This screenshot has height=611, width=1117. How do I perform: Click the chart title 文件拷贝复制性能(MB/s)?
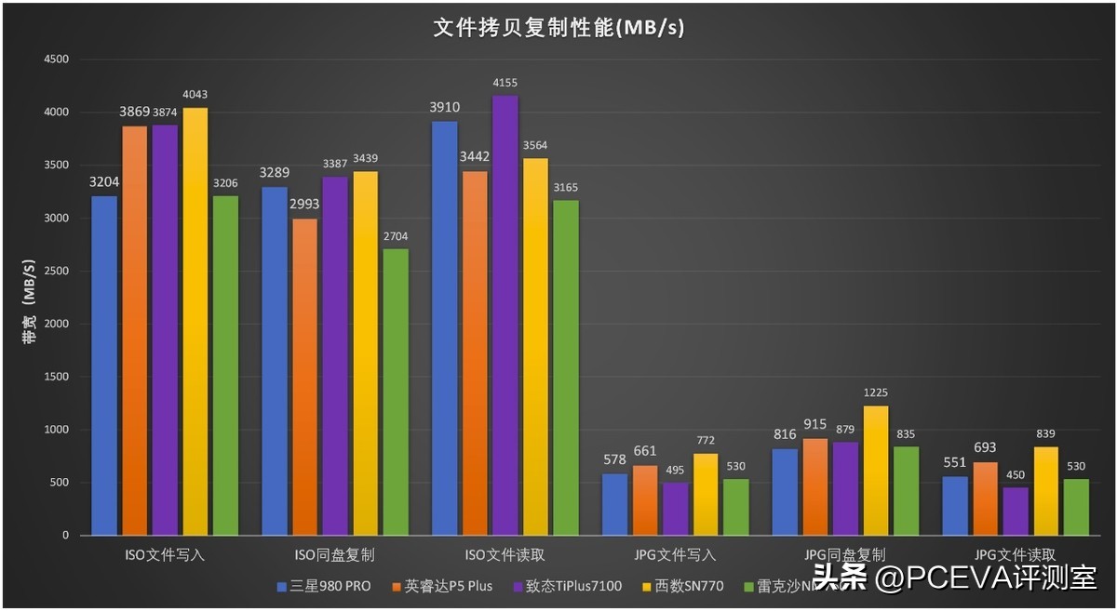coord(558,29)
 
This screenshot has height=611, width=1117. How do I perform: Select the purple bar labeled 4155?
coord(505,316)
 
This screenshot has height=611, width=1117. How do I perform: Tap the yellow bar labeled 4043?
coord(195,321)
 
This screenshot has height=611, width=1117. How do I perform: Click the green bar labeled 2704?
coord(395,391)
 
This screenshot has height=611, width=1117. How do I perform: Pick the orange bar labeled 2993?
coord(304,377)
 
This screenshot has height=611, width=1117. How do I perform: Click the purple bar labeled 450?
coord(1016,511)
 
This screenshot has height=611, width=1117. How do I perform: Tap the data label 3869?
coord(134,113)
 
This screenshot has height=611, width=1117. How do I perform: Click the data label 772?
coord(706,439)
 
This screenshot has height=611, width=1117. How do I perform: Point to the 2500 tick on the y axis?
coord(56,271)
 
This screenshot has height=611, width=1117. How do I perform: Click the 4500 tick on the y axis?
coord(56,60)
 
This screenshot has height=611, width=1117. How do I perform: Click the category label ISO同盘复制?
coord(334,555)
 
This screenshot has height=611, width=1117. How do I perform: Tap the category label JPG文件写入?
coord(675,555)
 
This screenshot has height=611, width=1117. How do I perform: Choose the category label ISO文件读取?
coord(505,555)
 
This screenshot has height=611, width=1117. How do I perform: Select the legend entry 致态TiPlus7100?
coord(567,587)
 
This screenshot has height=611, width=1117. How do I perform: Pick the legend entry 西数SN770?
coord(683,587)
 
